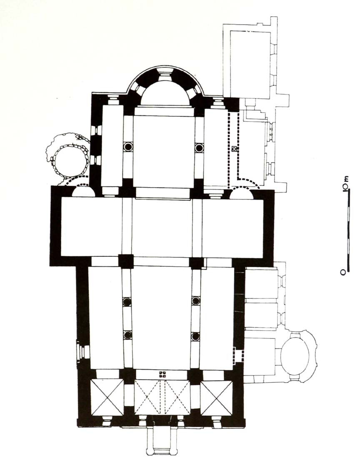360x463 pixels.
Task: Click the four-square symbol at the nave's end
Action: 162,374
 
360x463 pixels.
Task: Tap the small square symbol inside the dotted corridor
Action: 234,149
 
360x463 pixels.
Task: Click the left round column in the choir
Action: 128,146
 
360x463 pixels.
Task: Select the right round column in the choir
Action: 199,147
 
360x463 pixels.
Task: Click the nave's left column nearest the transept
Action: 127,301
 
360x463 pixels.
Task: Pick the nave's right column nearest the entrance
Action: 195,336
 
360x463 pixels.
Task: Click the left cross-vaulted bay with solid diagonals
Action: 107,398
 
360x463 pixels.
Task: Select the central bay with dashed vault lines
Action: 162,397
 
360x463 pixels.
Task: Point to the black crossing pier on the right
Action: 196,263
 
